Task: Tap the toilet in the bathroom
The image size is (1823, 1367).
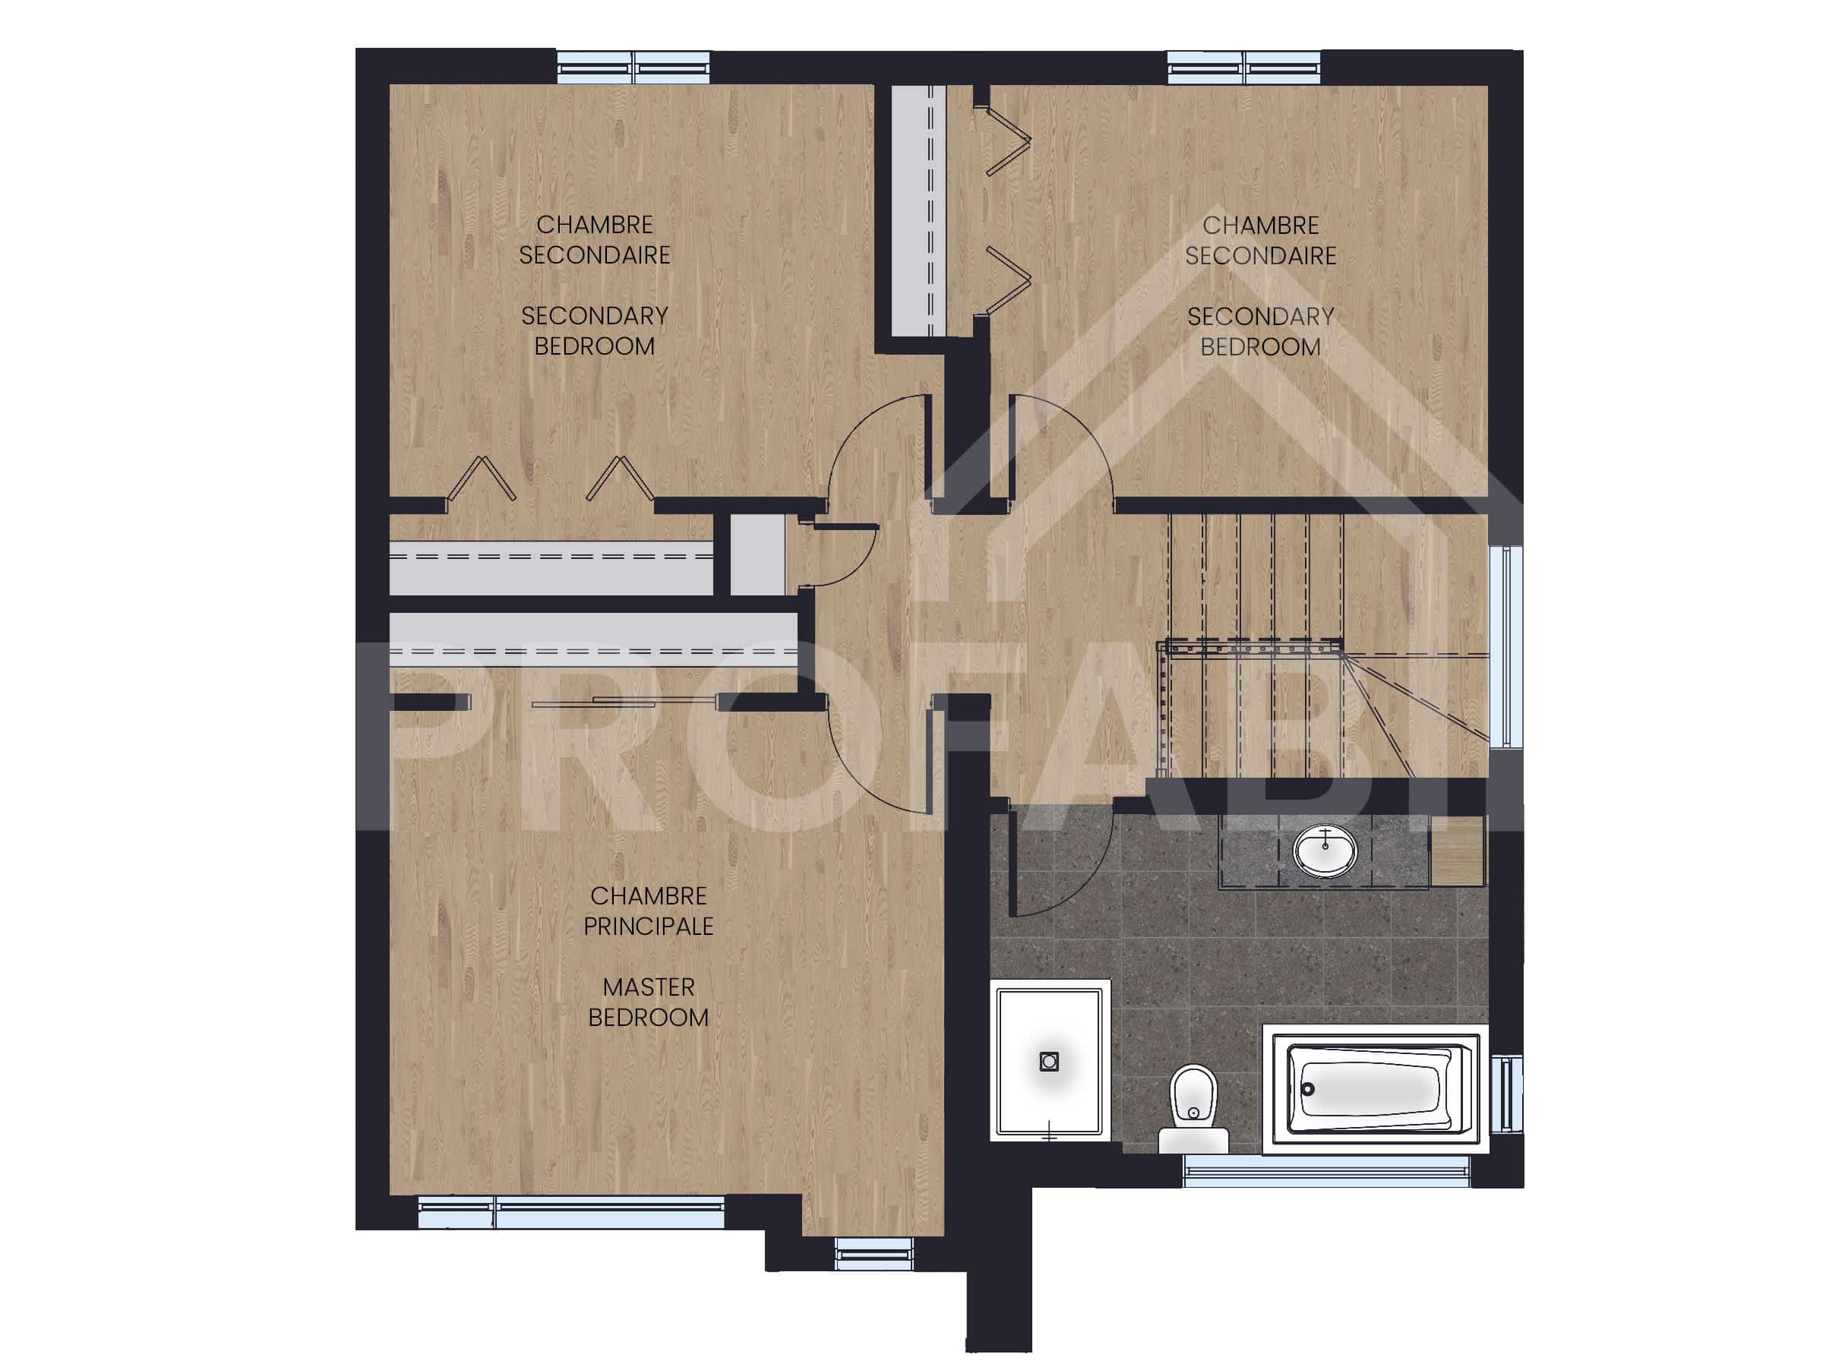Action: (x=1193, y=1108)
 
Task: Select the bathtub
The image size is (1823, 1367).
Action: (x=1375, y=1088)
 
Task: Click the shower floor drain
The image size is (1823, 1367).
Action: (x=1049, y=1061)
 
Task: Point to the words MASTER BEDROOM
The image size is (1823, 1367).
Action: (x=649, y=1002)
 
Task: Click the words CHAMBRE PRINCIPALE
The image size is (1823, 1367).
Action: (x=649, y=911)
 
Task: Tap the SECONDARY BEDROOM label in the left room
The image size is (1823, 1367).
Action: (x=594, y=330)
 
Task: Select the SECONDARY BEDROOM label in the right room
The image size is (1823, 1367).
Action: (x=1260, y=331)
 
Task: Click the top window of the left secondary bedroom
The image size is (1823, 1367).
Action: (x=633, y=68)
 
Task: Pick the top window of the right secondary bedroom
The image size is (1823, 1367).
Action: (x=1244, y=68)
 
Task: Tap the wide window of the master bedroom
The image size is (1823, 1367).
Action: (x=571, y=1215)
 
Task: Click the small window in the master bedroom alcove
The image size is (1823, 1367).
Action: (x=874, y=1255)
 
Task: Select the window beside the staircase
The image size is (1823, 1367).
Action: (x=1505, y=646)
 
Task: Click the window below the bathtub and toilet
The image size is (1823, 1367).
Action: (x=1326, y=1171)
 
